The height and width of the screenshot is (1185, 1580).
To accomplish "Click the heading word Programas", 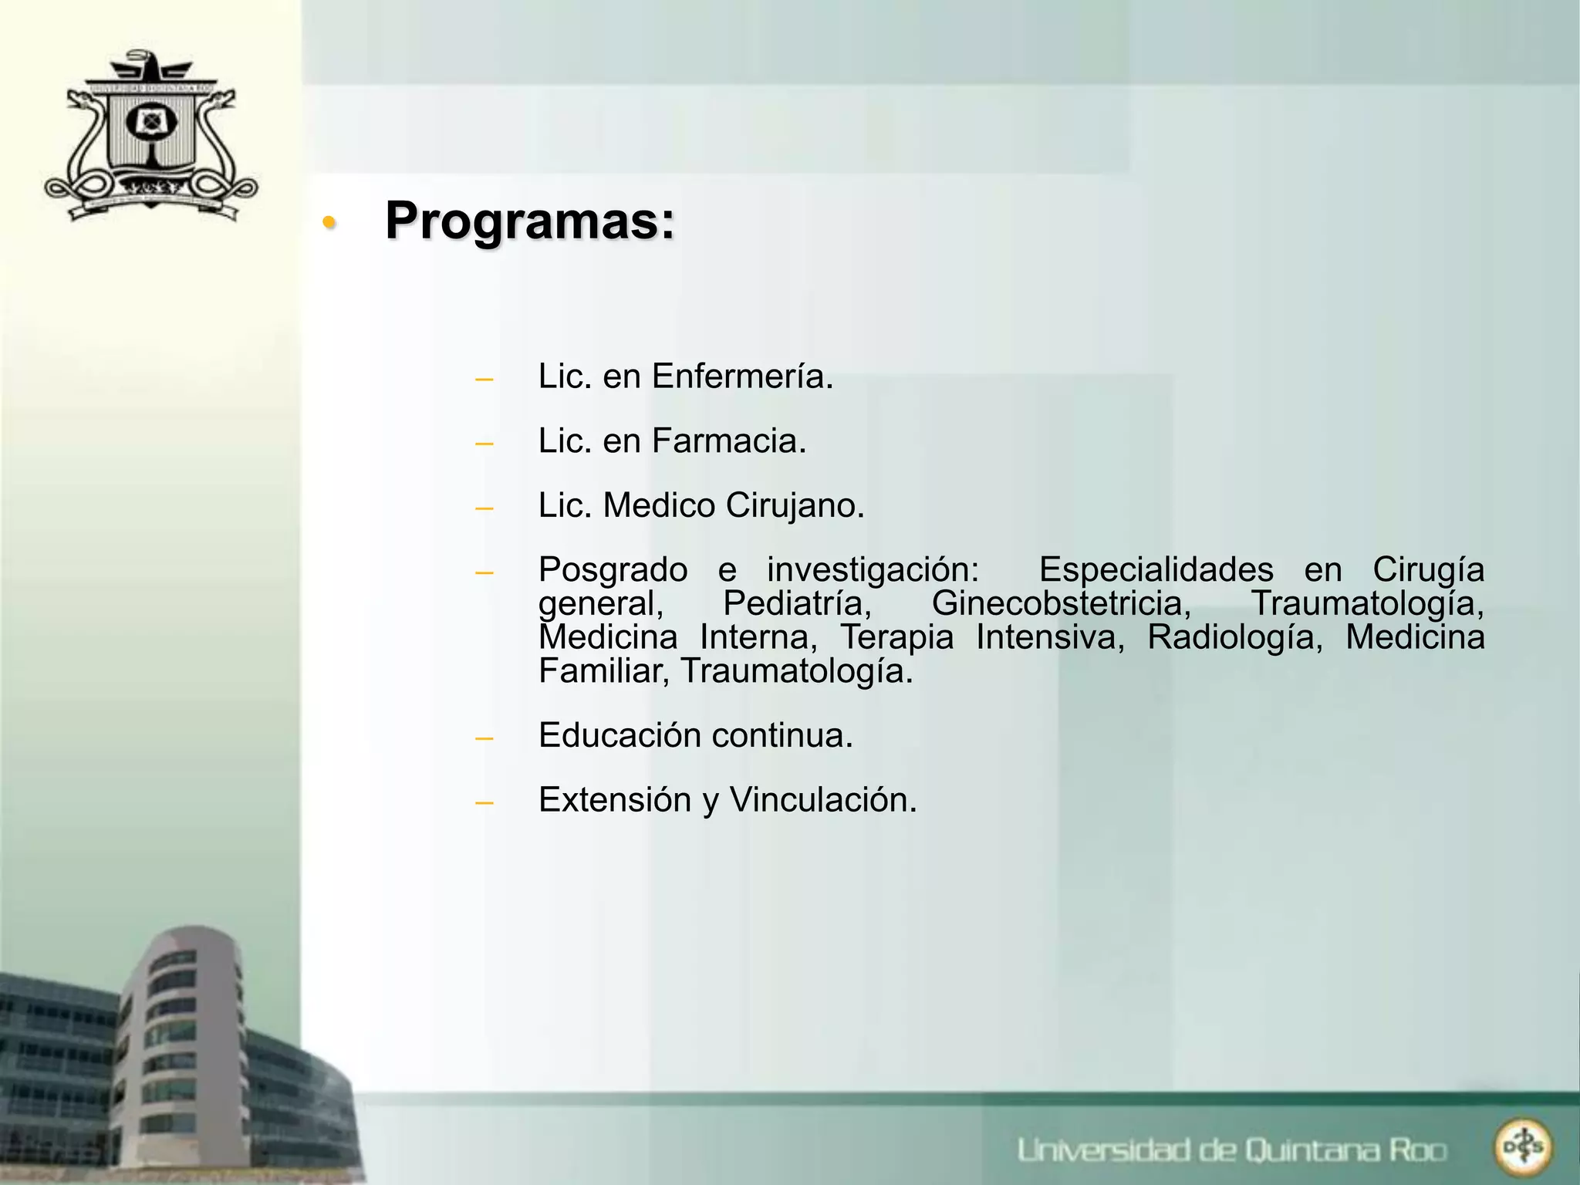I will [529, 221].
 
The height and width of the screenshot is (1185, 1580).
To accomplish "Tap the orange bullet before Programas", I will [329, 223].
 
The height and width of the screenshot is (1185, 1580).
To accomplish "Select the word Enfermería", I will [742, 376].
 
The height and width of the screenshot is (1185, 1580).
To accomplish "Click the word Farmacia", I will [729, 441].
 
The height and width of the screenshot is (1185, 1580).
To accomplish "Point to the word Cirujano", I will [795, 506].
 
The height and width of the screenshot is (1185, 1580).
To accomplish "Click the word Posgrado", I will [613, 570].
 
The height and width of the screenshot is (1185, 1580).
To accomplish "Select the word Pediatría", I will [797, 603].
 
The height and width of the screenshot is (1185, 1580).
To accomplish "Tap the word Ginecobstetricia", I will [1062, 603].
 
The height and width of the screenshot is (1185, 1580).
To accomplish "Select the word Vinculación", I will [823, 800].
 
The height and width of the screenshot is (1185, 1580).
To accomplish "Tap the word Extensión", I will [615, 800].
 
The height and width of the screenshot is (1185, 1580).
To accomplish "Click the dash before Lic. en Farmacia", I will [484, 444].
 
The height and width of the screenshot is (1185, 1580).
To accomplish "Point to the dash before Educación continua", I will [484, 738].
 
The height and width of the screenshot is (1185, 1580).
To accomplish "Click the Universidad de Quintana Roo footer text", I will [1231, 1150].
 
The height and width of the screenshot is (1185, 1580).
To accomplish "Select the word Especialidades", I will [1156, 570].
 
